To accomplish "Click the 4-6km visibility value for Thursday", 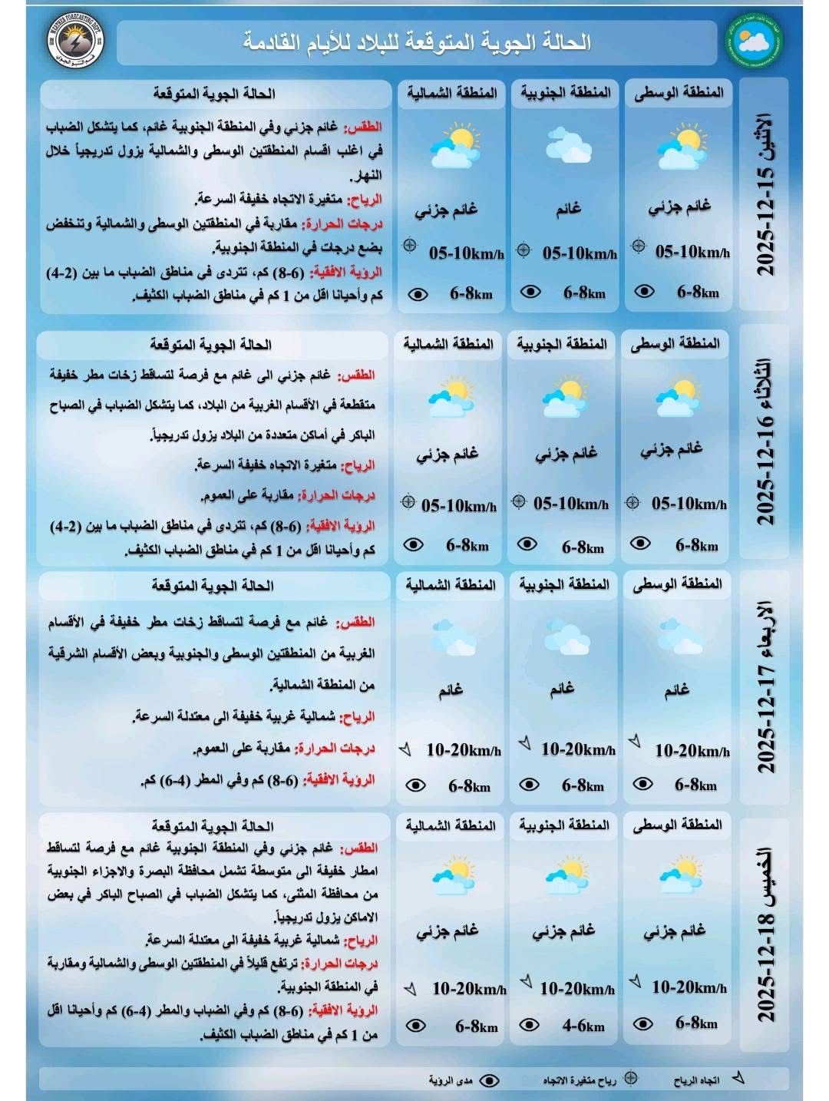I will pos(583,1025).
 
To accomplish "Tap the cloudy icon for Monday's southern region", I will pos(568,145).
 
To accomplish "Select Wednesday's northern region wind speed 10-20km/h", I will pos(464,750).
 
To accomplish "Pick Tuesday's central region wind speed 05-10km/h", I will pos(689,504).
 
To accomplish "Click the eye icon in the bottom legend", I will pos(489,1080).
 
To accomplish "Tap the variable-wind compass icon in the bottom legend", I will pos(630,1078).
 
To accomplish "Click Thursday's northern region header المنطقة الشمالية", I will pos(451,825).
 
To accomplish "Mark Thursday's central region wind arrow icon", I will pos(635,982).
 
